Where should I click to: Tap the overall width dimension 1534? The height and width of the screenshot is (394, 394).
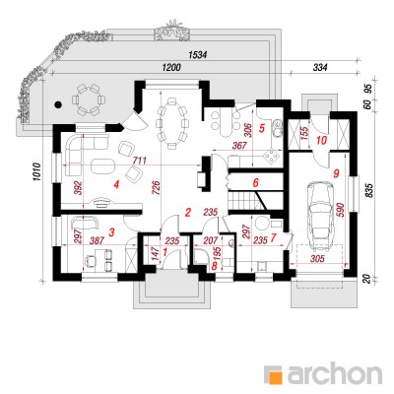coord(197,55)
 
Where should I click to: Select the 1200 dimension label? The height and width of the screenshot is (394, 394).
coord(171,68)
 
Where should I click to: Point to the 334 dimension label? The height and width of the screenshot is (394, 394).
coord(320,68)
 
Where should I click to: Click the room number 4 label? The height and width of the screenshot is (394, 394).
coord(115,185)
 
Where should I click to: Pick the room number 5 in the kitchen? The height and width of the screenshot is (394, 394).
coord(261,128)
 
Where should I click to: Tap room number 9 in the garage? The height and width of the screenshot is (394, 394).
coord(335,173)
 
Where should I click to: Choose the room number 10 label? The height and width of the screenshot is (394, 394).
coord(321,141)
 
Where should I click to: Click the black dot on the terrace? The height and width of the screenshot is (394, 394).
coord(58,104)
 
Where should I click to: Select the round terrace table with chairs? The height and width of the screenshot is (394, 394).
coord(89,99)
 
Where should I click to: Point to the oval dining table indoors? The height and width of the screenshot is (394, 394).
coord(171,123)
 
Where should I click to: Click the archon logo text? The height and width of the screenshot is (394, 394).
coord(335,373)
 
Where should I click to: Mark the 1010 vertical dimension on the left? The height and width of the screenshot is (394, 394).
coord(36,171)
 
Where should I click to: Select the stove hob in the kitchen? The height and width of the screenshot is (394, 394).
coord(272,156)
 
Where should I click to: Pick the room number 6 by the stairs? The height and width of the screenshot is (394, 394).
coord(255,182)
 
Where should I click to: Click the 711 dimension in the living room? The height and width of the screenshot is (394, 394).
coord(139,161)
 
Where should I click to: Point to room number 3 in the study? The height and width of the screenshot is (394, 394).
coord(111,232)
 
